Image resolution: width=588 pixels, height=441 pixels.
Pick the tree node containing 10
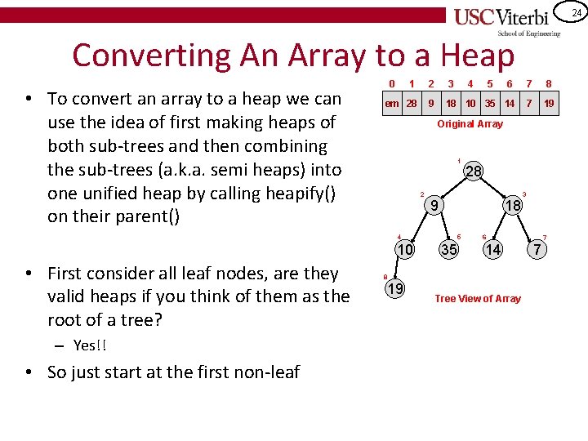[405, 249]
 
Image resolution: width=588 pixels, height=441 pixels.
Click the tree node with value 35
[449, 249]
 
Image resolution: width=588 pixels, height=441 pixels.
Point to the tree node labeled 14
[492, 249]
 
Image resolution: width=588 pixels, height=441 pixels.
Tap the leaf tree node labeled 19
[394, 288]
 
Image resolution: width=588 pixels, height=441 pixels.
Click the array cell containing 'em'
[392, 104]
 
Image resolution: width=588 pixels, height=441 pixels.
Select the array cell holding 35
[490, 104]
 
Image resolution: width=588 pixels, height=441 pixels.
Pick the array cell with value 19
[549, 104]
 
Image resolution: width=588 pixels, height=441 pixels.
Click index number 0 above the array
[392, 83]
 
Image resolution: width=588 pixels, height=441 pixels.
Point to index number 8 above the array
[549, 83]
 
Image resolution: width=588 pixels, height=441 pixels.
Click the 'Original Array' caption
[470, 124]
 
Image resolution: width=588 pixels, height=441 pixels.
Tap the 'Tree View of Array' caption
[478, 299]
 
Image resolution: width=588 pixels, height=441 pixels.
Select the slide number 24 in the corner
[576, 13]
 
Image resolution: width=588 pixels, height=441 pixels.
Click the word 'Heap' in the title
[478, 56]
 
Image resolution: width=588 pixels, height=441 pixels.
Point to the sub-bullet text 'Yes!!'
[90, 345]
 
